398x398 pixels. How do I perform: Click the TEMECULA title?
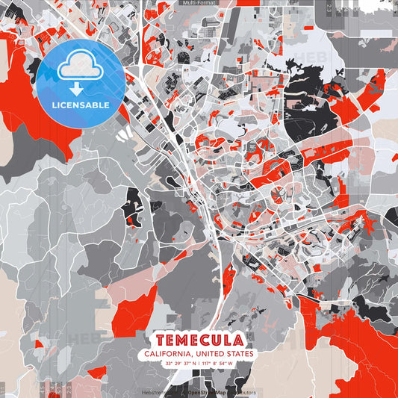pyautogui.click(x=199, y=341)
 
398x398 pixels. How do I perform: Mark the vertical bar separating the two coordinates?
pyautogui.click(x=199, y=364)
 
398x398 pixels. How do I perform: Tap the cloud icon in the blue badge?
pyautogui.click(x=81, y=66)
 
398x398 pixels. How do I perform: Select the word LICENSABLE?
pyautogui.click(x=81, y=105)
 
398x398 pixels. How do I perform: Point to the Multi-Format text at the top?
pyautogui.click(x=199, y=3)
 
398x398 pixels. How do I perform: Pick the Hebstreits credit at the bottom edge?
pyautogui.click(x=155, y=392)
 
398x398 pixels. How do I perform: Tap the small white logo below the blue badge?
pyautogui.click(x=125, y=134)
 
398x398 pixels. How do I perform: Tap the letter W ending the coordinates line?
pyautogui.click(x=231, y=364)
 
